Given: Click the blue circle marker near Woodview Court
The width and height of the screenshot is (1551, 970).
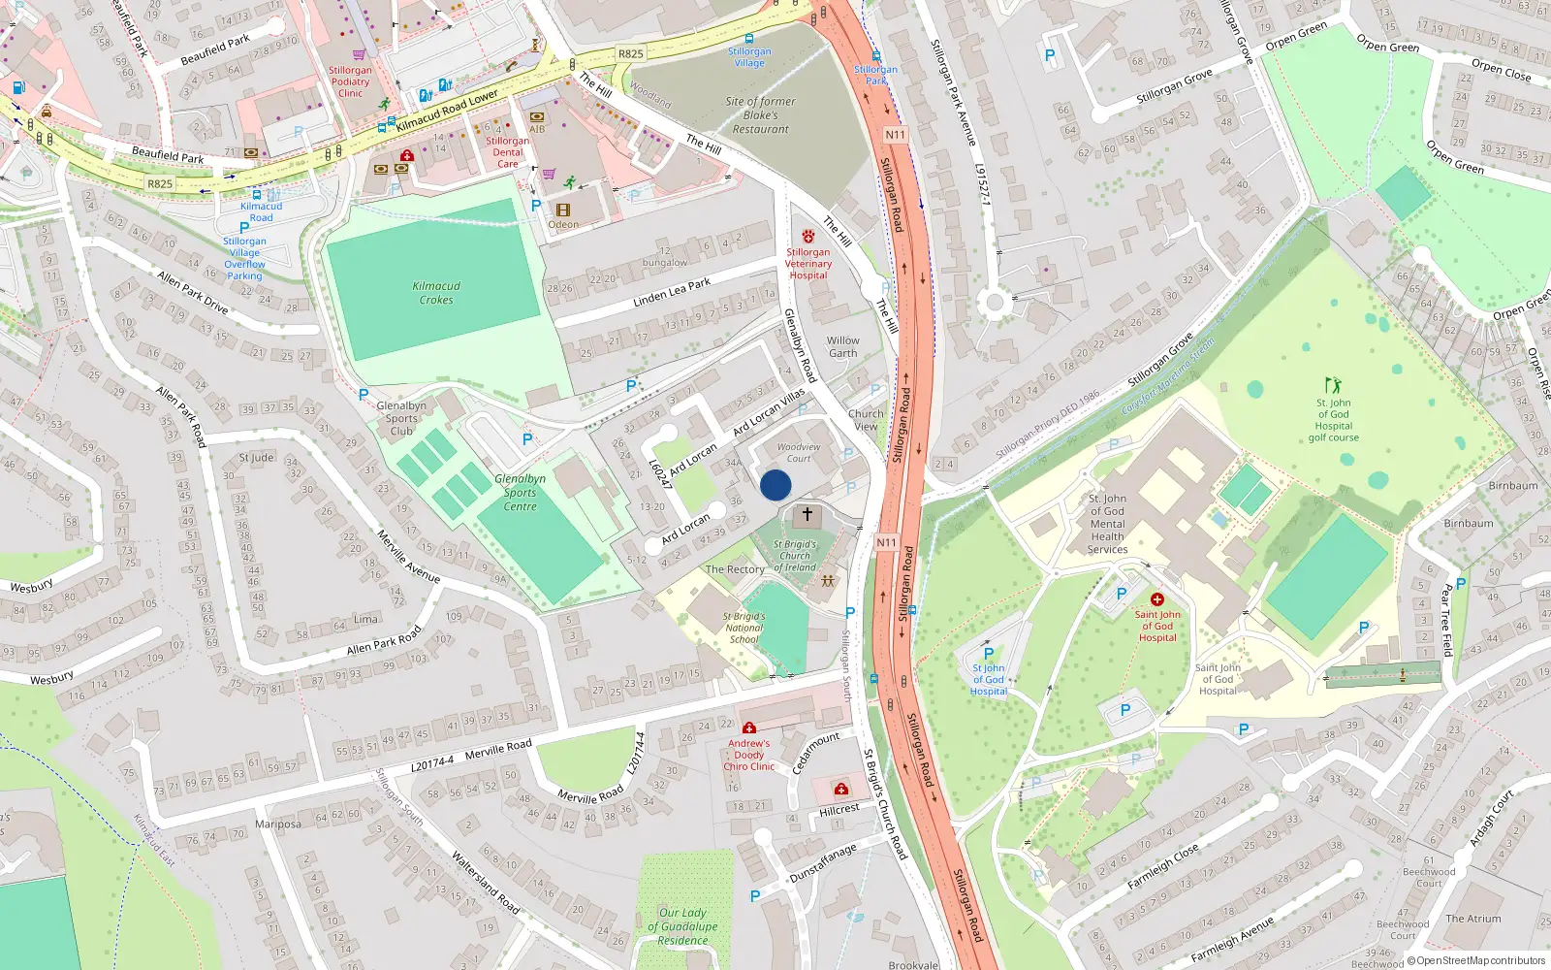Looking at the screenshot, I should point(775,485).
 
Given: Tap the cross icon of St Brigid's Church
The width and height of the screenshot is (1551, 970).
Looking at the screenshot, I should point(807,514).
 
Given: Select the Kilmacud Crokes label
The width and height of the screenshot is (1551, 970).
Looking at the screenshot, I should point(436,293).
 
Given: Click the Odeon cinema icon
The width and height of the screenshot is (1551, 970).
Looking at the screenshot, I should point(563,210).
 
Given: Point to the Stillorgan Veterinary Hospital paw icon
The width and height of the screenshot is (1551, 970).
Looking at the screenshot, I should point(808,237).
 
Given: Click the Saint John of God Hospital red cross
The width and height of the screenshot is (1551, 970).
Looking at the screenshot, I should point(1156,599).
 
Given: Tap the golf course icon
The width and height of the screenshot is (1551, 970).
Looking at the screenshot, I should point(1334,386).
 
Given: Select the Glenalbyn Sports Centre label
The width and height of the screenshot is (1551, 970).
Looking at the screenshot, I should point(520,492).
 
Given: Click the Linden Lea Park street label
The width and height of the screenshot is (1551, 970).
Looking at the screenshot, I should point(672,292).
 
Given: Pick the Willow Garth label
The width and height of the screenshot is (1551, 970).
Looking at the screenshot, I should point(842,346).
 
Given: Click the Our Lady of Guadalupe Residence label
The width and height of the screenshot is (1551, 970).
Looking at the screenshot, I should point(682,926).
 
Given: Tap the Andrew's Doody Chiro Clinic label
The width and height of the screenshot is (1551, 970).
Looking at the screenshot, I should point(748,755).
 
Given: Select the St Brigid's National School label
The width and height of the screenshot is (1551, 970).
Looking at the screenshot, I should point(744,628).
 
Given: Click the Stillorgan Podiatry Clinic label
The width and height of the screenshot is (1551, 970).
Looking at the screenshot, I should point(350,81).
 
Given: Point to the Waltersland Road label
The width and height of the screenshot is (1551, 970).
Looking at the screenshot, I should point(485,882).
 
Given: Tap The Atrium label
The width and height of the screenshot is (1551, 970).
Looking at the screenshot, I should point(1472,919).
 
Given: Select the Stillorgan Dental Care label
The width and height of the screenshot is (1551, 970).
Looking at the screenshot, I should point(507,152).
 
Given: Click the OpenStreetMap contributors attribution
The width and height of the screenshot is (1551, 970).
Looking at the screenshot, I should point(1474,960).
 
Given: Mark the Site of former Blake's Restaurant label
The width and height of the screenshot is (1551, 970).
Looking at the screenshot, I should point(760,114).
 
